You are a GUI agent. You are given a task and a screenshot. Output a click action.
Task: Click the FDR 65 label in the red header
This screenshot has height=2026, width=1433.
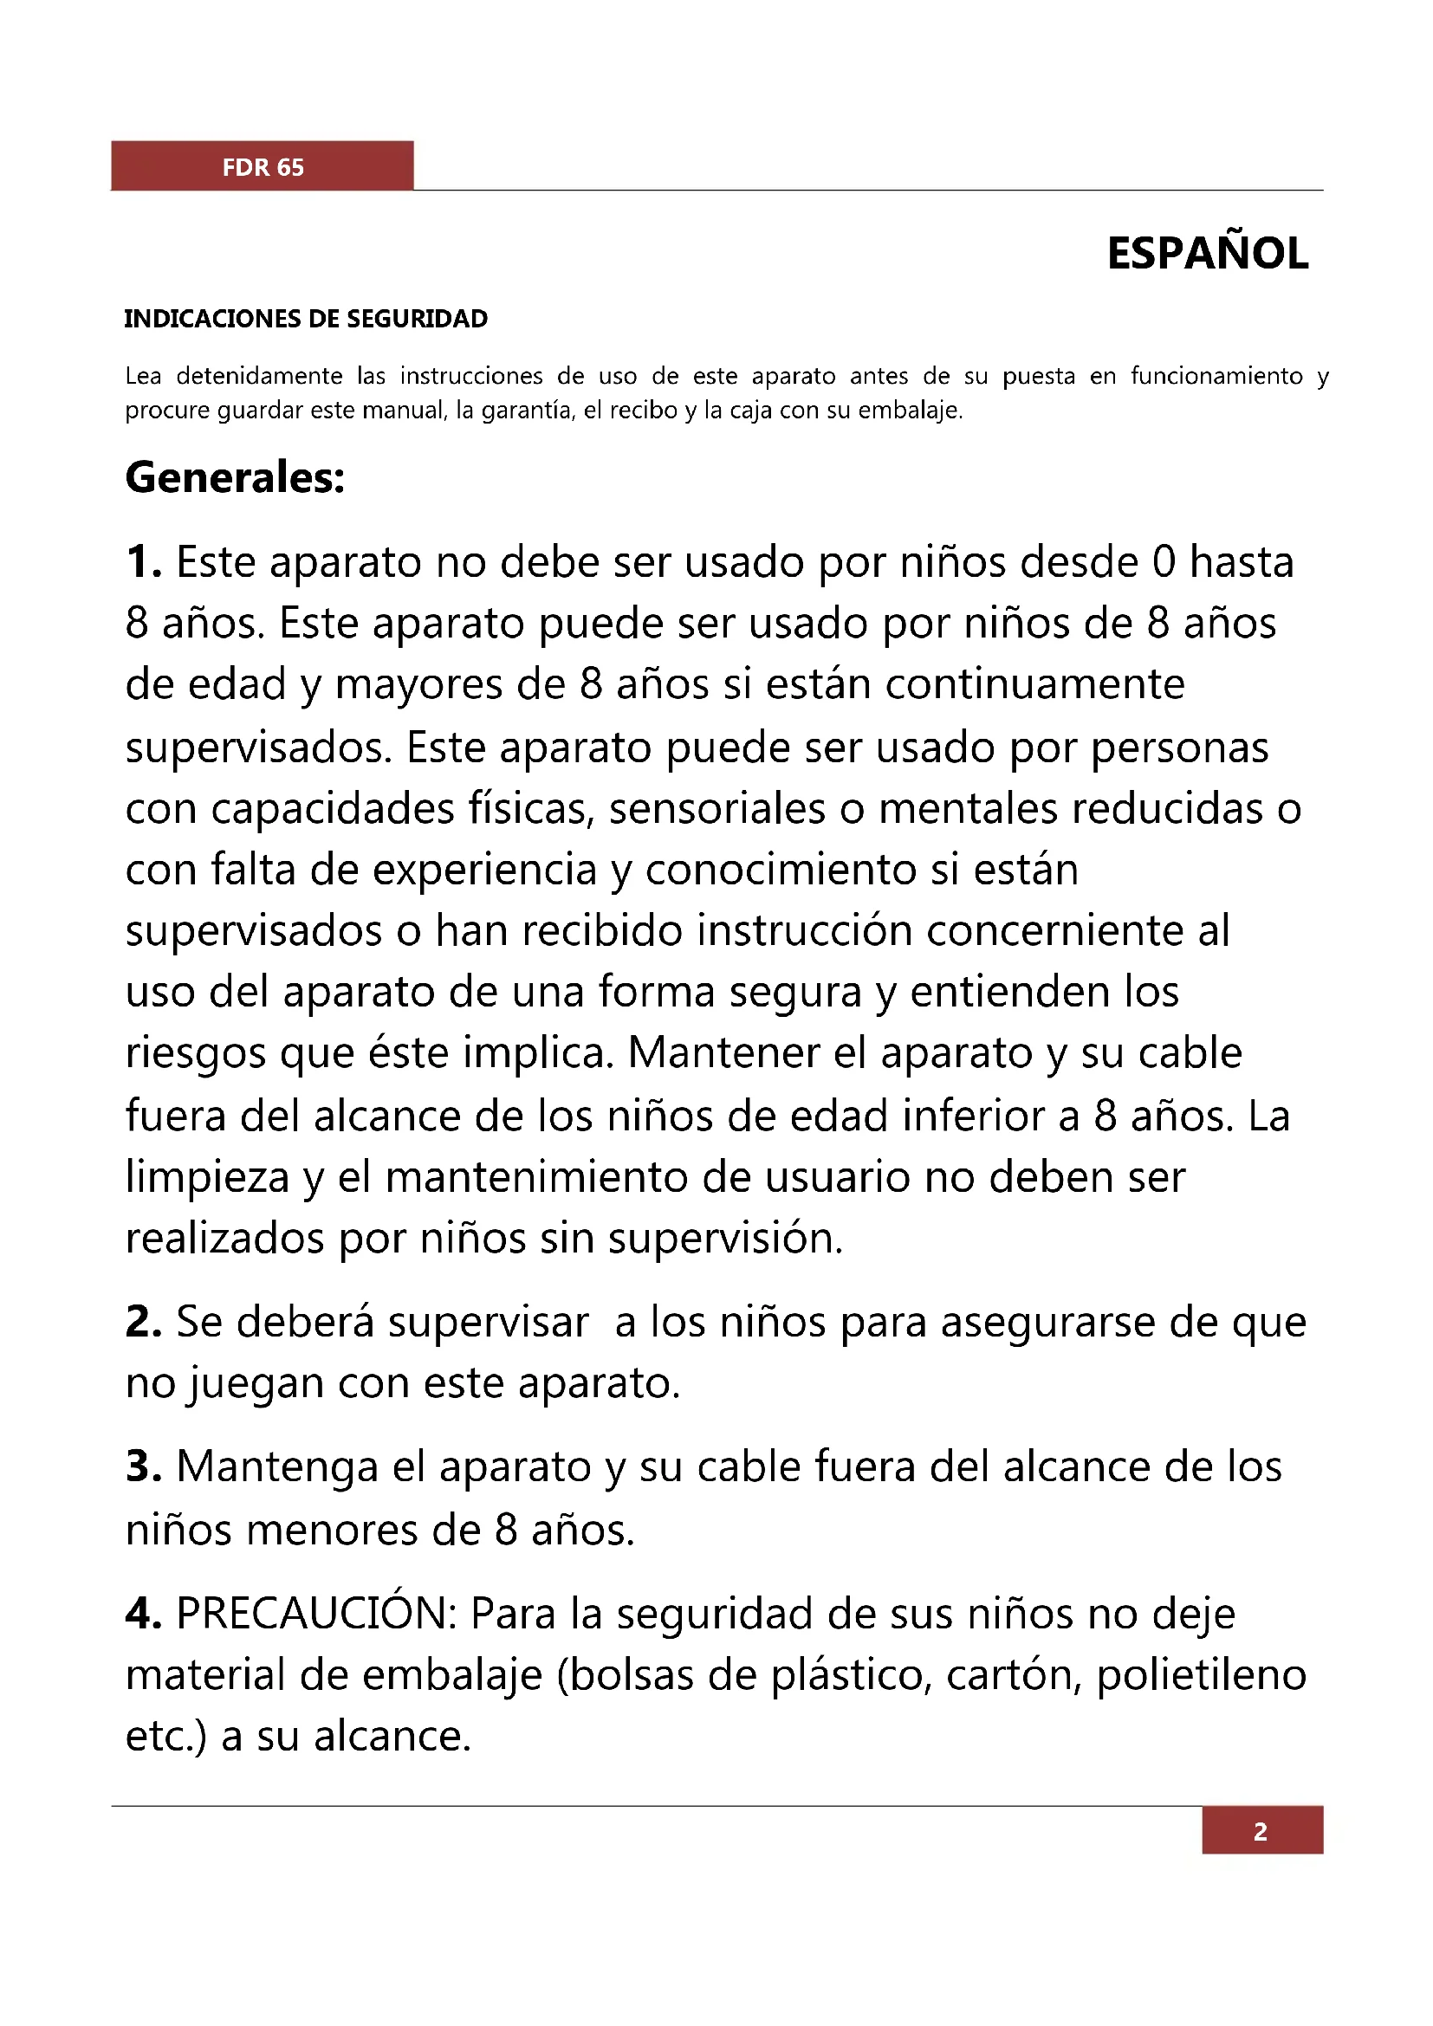[x=263, y=167]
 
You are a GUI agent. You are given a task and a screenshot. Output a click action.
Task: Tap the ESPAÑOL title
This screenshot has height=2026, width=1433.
[x=1207, y=254]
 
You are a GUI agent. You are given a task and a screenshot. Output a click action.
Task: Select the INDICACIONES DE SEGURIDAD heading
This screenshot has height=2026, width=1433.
[x=305, y=319]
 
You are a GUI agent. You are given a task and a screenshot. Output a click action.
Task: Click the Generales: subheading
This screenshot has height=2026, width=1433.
[x=235, y=477]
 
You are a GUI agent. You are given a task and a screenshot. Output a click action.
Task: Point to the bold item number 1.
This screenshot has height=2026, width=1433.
[x=143, y=562]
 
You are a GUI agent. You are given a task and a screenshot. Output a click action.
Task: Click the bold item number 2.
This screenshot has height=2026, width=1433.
[x=143, y=1322]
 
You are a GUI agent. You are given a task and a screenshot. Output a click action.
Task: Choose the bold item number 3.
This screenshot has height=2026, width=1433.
[x=143, y=1466]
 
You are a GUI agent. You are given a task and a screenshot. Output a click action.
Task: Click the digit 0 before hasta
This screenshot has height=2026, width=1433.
[x=1164, y=562]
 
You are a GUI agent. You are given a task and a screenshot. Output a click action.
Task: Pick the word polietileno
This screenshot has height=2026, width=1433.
[x=1201, y=1675]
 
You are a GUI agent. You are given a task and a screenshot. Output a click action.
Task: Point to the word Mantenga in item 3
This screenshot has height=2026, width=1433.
[x=277, y=1466]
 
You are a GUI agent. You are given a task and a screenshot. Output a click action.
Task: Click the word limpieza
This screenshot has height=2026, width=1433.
[x=207, y=1177]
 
